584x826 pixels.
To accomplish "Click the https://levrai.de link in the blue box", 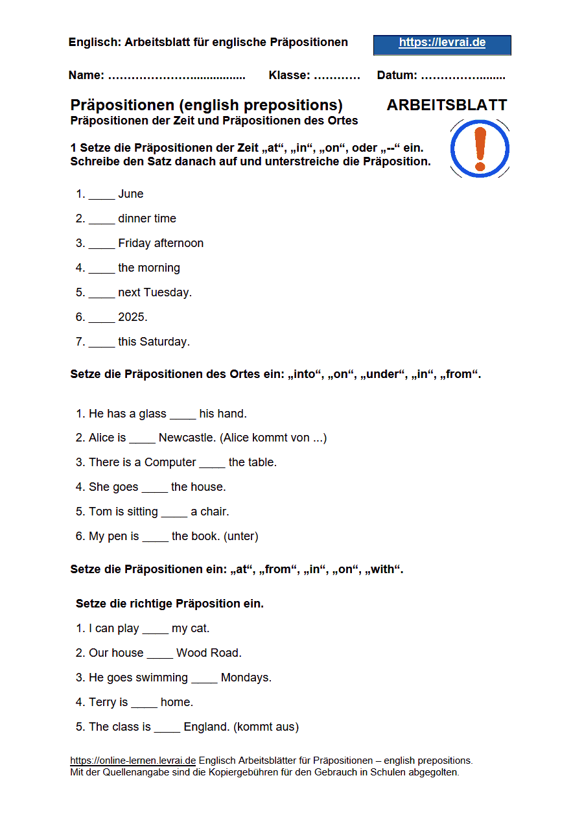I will pyautogui.click(x=442, y=43).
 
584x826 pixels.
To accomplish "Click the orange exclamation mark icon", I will pyautogui.click(x=480, y=149).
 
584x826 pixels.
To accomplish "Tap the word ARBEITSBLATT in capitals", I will pyautogui.click(x=447, y=105).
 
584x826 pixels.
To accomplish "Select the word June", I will pyautogui.click(x=131, y=194).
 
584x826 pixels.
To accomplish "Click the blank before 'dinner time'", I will pyautogui.click(x=102, y=219).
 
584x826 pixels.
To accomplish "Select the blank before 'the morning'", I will pyautogui.click(x=102, y=268).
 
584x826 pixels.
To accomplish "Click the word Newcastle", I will pyautogui.click(x=187, y=438).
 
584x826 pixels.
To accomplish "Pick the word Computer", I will pyautogui.click(x=170, y=462).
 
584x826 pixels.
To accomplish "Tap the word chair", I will pyautogui.click(x=214, y=512).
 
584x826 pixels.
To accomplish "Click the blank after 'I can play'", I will pyautogui.click(x=155, y=629).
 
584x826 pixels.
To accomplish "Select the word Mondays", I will pyautogui.click(x=245, y=678).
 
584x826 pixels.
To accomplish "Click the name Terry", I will pyautogui.click(x=103, y=702).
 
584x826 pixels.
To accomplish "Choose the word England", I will pyautogui.click(x=205, y=727).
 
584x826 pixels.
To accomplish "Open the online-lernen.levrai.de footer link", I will pyautogui.click(x=133, y=761).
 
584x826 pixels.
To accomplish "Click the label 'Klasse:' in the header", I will pyautogui.click(x=289, y=75).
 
